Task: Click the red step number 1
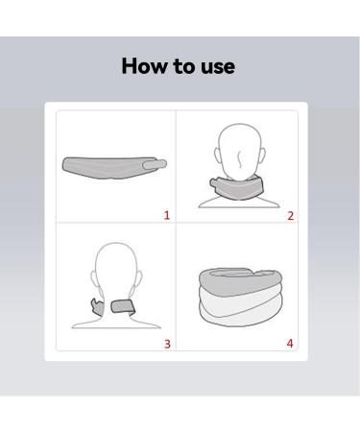(167, 216)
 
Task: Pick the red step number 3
(167, 344)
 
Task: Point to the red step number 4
(290, 344)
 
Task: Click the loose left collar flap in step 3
(93, 310)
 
